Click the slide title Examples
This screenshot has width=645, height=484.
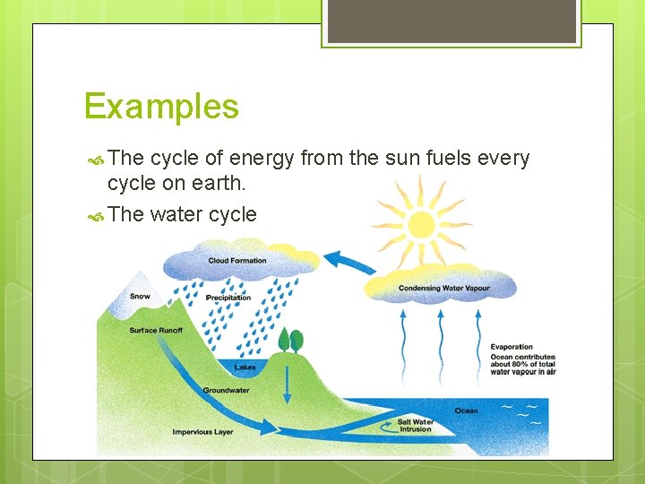(161, 108)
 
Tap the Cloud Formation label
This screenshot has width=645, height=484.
(237, 261)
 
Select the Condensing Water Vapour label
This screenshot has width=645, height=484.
(444, 288)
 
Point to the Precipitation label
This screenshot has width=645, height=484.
(228, 298)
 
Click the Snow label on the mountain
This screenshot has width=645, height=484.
(140, 296)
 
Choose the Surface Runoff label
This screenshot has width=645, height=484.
(155, 330)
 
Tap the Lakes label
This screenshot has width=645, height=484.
(245, 367)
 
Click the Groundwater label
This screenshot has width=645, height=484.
(225, 391)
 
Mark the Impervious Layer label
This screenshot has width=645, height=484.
(202, 432)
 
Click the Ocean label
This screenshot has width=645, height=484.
(466, 411)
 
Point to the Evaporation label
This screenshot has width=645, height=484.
(512, 347)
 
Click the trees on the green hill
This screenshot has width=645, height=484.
(291, 341)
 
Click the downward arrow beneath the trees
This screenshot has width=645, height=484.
(287, 384)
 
